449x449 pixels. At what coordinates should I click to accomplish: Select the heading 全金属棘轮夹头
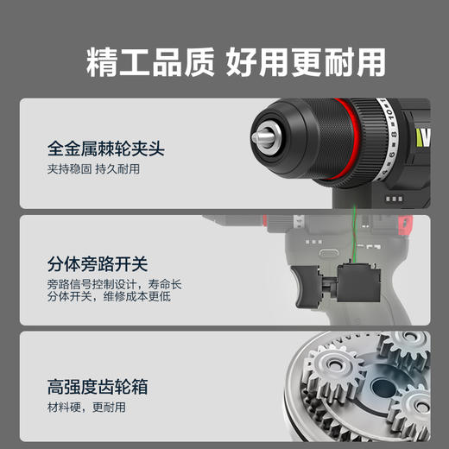105,149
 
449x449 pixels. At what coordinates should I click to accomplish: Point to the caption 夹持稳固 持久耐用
93,169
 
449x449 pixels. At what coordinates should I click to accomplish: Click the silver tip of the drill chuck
260,136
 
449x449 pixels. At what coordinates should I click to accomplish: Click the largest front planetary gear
333,381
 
